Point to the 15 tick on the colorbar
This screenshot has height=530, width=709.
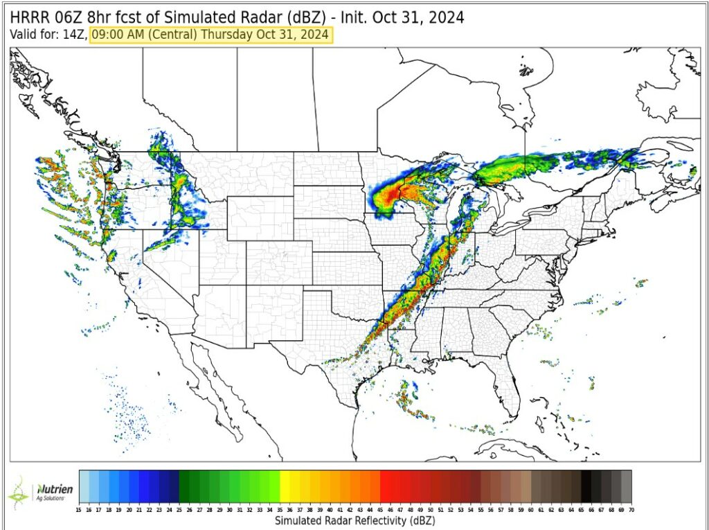80,509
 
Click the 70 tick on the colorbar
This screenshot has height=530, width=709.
631,509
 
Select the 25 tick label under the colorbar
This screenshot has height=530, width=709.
179,509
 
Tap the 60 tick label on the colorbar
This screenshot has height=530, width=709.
531,509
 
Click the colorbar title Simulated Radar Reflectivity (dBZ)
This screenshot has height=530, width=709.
354,520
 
